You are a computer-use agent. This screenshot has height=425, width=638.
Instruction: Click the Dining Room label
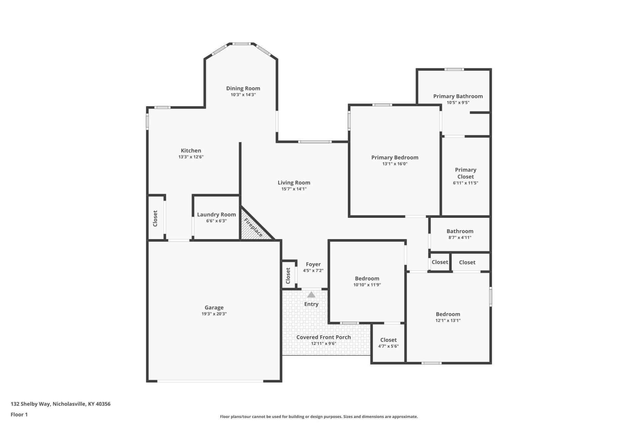(243, 88)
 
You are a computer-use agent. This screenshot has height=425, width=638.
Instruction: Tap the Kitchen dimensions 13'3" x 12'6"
(191, 157)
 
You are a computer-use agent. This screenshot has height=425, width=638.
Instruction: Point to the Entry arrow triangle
(311, 295)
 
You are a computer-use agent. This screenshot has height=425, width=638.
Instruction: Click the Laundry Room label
(216, 214)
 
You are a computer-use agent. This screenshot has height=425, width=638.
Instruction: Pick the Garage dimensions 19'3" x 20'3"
(214, 314)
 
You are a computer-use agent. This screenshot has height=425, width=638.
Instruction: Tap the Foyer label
(313, 264)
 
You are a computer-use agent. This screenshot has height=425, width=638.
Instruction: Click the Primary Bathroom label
(458, 96)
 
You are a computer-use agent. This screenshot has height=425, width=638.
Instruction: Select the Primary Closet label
(465, 173)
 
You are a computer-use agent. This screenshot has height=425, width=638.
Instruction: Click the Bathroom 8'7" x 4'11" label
(460, 231)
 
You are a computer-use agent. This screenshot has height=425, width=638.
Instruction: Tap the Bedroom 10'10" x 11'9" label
(367, 279)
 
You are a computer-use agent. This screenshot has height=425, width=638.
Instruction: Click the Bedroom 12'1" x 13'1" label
(448, 314)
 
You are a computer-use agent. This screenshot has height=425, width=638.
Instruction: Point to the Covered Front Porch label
(323, 337)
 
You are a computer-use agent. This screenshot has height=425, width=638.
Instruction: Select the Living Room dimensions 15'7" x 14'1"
(294, 189)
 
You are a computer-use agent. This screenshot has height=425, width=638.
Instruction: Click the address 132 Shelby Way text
(60, 404)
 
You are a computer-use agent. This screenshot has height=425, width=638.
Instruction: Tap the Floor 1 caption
(19, 414)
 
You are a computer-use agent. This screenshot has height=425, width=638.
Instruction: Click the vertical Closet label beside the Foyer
(288, 276)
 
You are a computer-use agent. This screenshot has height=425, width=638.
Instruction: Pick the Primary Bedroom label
(394, 157)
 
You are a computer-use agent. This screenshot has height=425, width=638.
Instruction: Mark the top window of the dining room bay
(241, 43)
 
